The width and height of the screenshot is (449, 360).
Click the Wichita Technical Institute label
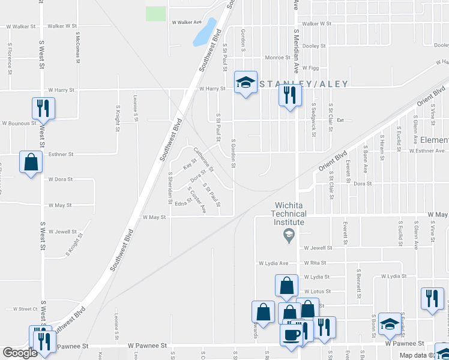(288, 214)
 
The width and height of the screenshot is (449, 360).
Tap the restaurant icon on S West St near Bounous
(43, 108)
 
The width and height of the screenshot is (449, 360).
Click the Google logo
(19, 353)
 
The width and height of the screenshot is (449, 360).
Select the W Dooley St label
(313, 46)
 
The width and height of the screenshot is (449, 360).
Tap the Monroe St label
(277, 58)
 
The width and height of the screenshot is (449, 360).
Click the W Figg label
(310, 68)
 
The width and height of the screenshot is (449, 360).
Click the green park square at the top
(156, 13)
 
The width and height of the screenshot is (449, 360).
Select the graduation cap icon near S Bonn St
(390, 324)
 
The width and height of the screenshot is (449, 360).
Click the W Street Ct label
(24, 309)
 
